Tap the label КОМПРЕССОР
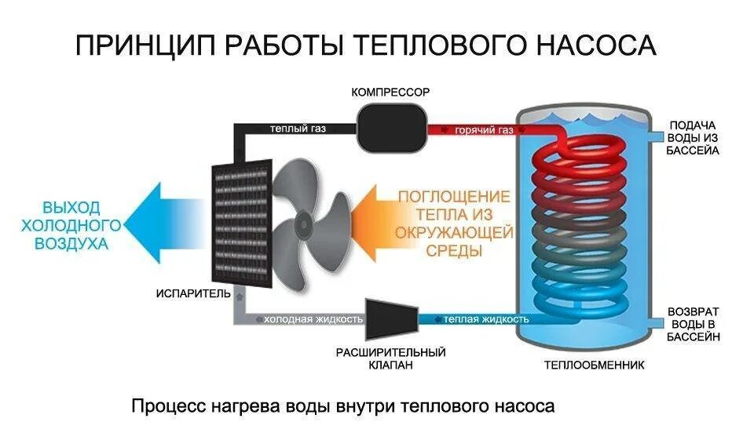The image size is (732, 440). coord(390,93)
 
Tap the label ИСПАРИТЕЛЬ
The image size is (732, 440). coord(193,294)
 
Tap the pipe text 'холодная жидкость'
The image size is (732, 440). coord(313,319)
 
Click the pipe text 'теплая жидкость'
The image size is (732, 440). coord(485,319)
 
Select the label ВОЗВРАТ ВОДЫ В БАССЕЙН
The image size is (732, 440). coord(693,323)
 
